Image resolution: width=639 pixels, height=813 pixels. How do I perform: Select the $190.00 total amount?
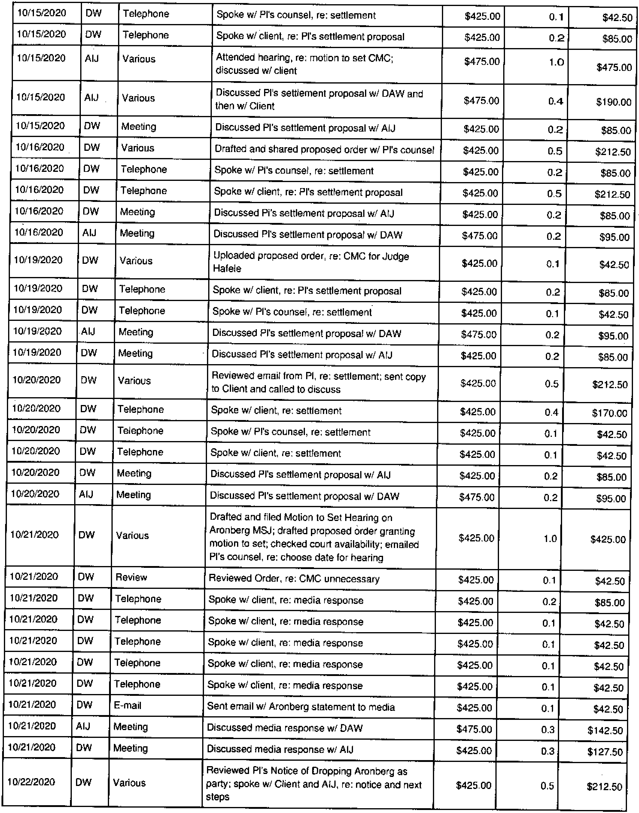click(x=613, y=102)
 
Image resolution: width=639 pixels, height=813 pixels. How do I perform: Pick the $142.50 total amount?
click(x=605, y=730)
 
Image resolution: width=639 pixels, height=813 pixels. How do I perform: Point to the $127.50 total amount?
click(x=605, y=752)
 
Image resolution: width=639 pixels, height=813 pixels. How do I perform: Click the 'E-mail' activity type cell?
click(x=128, y=706)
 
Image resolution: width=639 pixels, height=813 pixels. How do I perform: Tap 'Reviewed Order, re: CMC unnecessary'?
click(x=294, y=579)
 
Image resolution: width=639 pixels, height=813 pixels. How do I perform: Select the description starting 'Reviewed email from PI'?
click(x=318, y=382)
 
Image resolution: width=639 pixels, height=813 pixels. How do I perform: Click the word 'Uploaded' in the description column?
click(x=231, y=256)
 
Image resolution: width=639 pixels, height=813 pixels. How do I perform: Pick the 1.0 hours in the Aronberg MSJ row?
click(x=550, y=539)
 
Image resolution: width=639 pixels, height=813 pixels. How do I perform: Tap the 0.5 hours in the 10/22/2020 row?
click(x=547, y=786)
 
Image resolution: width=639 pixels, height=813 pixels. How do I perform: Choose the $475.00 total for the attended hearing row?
click(x=614, y=68)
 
